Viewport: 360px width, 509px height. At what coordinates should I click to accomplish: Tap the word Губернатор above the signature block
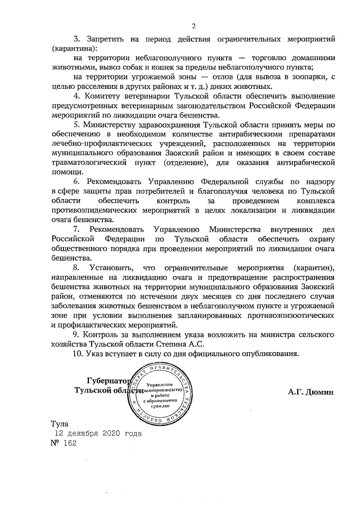coord(108,380)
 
